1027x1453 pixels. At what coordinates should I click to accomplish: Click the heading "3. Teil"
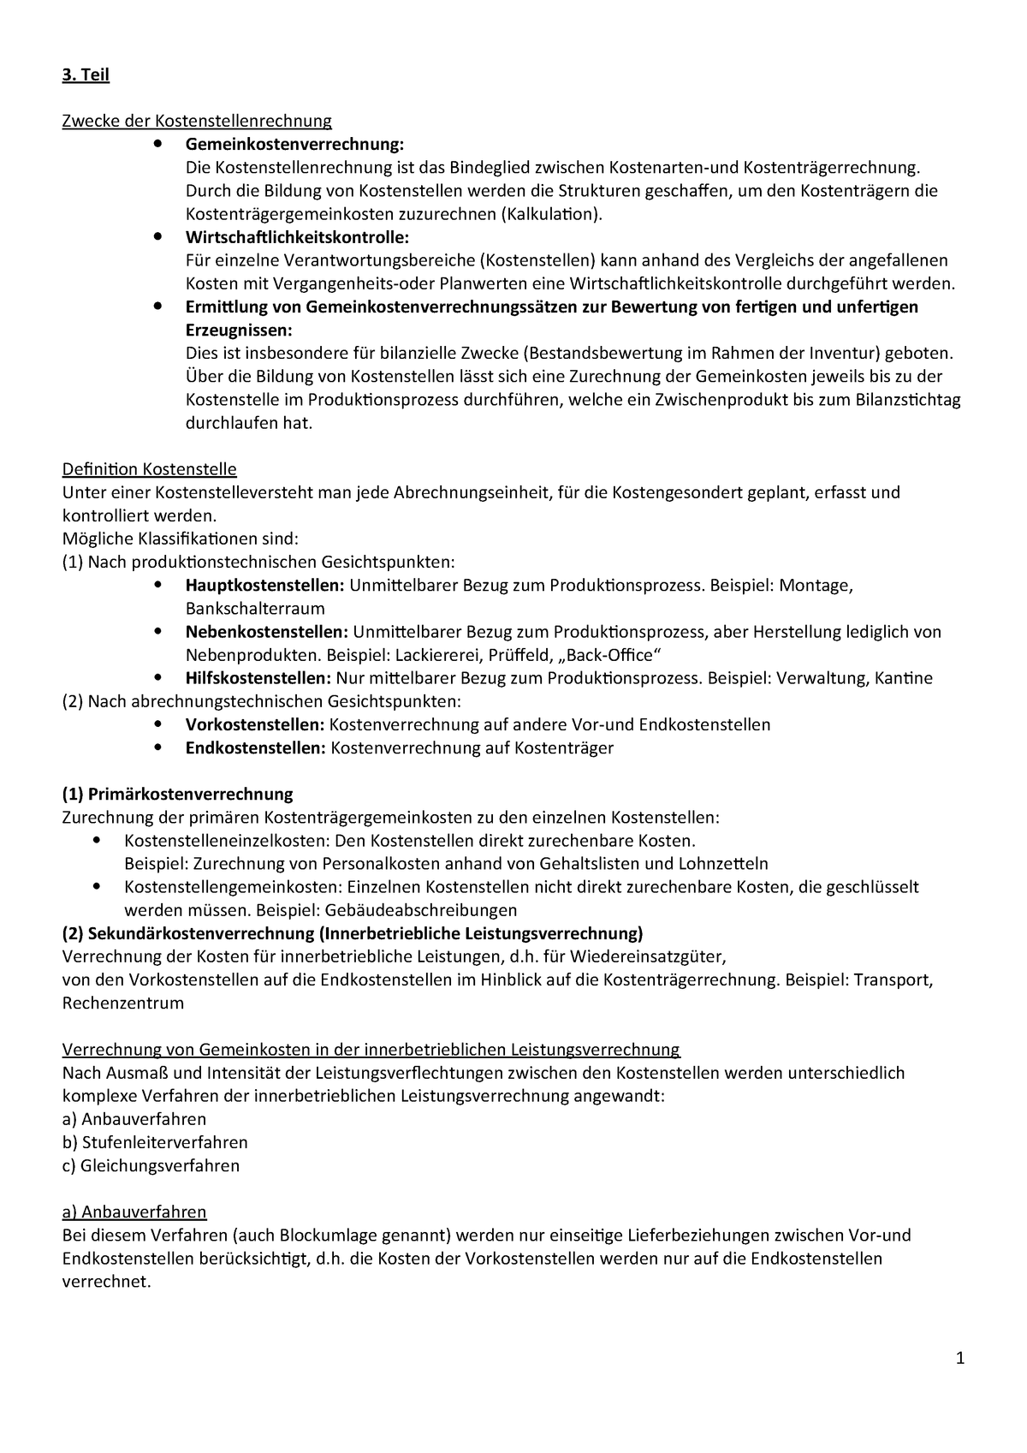pyautogui.click(x=86, y=74)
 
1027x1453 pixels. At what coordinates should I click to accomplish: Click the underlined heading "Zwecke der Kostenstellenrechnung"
pyautogui.click(x=197, y=121)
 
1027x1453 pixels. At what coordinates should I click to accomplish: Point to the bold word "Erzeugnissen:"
pyautogui.click(x=239, y=330)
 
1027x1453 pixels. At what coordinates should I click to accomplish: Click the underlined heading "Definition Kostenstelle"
pyautogui.click(x=150, y=469)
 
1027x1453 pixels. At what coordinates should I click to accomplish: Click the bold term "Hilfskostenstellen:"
pyautogui.click(x=258, y=678)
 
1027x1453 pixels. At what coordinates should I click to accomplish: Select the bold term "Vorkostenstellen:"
pyautogui.click(x=254, y=724)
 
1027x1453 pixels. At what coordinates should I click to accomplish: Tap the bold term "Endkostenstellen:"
pyautogui.click(x=255, y=747)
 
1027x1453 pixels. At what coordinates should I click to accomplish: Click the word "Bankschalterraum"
pyautogui.click(x=255, y=609)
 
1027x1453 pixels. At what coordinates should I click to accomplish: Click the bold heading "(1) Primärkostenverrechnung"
pyautogui.click(x=178, y=794)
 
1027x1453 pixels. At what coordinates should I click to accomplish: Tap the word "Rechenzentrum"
pyautogui.click(x=123, y=1003)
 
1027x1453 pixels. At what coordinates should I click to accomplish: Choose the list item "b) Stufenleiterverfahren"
pyautogui.click(x=155, y=1142)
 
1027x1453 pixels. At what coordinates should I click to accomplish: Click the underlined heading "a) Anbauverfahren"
pyautogui.click(x=134, y=1212)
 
